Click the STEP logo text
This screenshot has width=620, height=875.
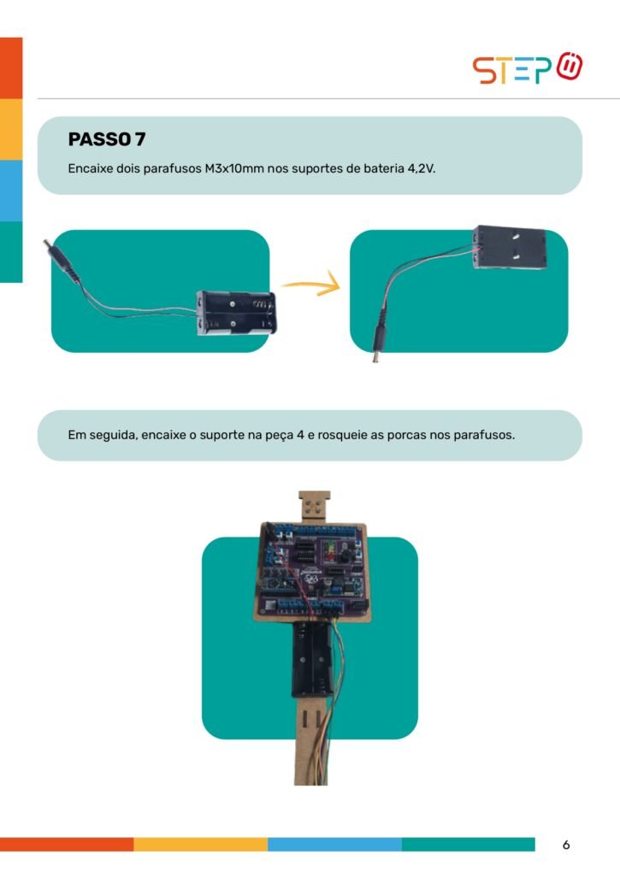pyautogui.click(x=513, y=70)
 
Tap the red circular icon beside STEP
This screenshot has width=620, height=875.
pyautogui.click(x=570, y=66)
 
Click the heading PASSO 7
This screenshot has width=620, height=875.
pyautogui.click(x=107, y=139)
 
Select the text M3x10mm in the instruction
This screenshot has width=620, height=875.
pyautogui.click(x=234, y=168)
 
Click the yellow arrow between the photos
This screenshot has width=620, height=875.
pyautogui.click(x=310, y=284)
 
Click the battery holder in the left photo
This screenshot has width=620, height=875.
pyautogui.click(x=236, y=313)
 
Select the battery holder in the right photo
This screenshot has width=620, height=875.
pyautogui.click(x=509, y=248)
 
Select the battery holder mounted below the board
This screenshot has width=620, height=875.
pyautogui.click(x=313, y=661)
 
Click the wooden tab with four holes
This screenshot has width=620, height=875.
pyautogui.click(x=315, y=506)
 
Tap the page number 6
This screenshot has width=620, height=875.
pyautogui.click(x=566, y=845)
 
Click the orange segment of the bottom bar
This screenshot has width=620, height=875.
pyautogui.click(x=67, y=844)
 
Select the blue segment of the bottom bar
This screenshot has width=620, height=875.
pyautogui.click(x=334, y=844)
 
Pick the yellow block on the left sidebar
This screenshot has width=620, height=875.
pyautogui.click(x=11, y=130)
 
